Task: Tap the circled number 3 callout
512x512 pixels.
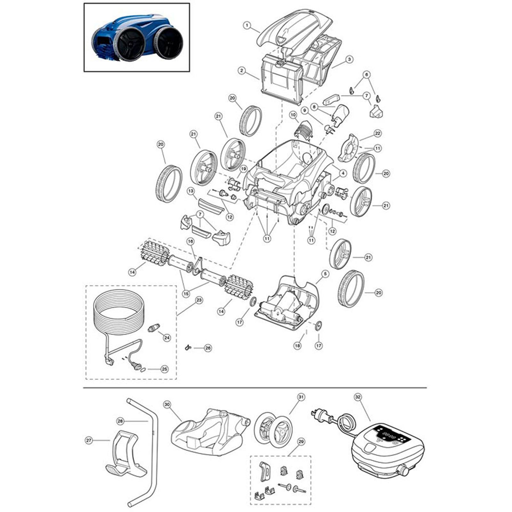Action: (349, 59)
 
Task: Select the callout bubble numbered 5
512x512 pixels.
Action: (325, 274)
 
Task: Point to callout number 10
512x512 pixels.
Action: (293, 114)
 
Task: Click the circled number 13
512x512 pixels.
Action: (191, 191)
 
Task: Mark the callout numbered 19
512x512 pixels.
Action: (244, 169)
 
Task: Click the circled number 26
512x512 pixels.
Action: (208, 348)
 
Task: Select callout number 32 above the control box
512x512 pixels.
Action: (358, 397)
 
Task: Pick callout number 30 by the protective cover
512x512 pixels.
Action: (167, 404)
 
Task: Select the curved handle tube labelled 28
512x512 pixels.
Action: (152, 448)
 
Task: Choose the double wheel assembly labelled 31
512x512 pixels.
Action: (273, 429)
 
